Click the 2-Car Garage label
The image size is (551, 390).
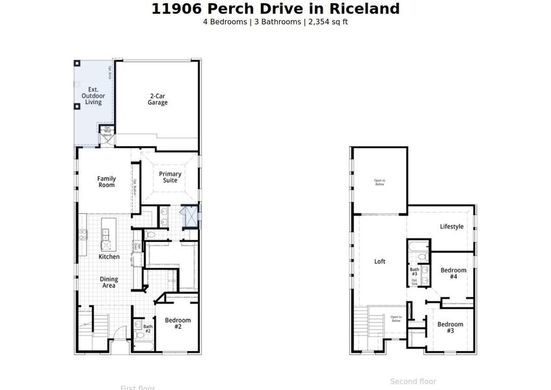click(157, 99)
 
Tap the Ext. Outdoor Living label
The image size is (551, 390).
click(93, 96)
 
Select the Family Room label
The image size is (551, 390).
click(107, 181)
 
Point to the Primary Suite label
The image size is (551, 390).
click(170, 177)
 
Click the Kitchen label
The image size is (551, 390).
click(109, 257)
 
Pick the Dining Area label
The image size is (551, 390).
click(109, 282)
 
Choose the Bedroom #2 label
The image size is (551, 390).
click(178, 323)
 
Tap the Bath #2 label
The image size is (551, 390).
click(148, 329)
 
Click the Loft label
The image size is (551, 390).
click(380, 261)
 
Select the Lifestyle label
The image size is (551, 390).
click(451, 227)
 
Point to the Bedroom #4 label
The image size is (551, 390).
click(453, 273)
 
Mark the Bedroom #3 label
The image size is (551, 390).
click(450, 328)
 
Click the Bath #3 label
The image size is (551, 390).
click(414, 272)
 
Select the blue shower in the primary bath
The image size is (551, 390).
click(191, 215)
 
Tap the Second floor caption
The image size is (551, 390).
click(413, 382)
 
